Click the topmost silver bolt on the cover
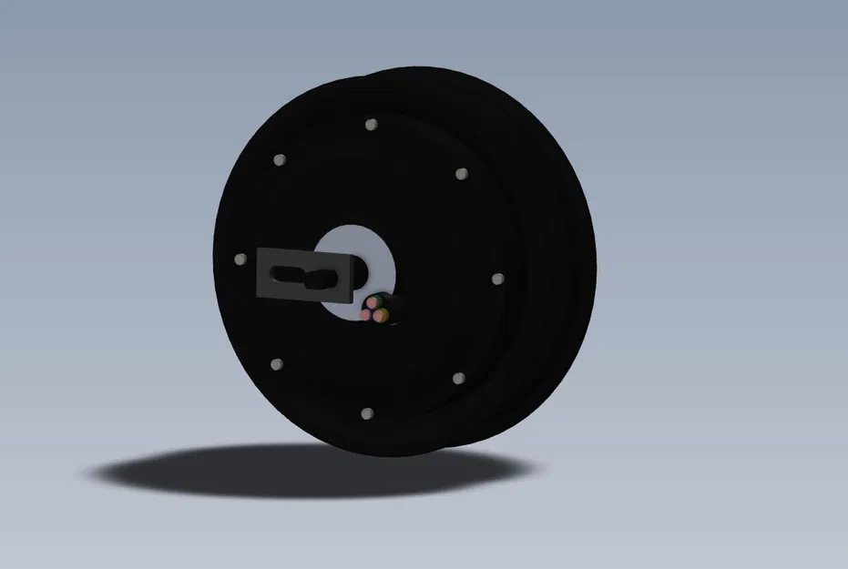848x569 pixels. pos(370,124)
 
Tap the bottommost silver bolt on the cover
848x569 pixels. pos(366,414)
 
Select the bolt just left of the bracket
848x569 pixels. pos(240,260)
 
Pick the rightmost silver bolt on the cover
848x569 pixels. pos(497,278)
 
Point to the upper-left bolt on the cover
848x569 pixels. pos(279,160)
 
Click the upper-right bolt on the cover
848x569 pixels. pos(461,173)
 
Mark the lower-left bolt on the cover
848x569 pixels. pos(277,365)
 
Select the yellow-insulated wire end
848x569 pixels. pos(383,316)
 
